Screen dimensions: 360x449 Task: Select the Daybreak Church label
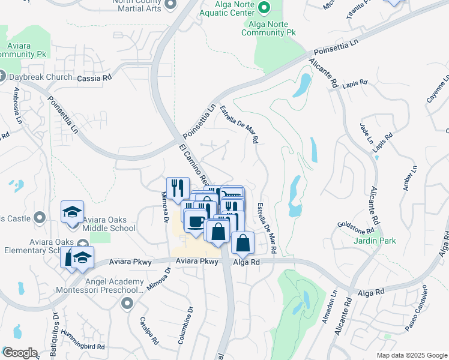click(36, 77)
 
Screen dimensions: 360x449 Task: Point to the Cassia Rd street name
click(95, 78)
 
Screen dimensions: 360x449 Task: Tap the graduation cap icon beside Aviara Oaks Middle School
click(72, 212)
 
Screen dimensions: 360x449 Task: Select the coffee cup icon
click(196, 221)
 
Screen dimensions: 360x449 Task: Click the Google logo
click(20, 353)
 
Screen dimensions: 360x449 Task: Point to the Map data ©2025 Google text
click(412, 355)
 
